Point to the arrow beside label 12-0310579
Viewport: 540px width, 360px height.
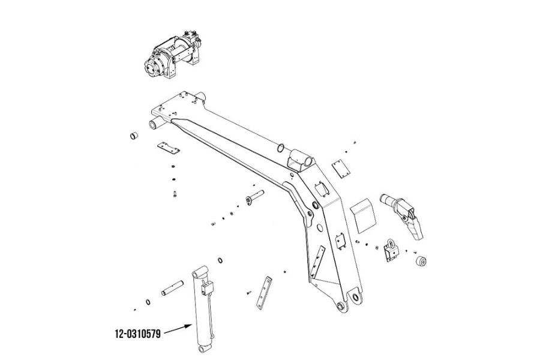coord(178,329)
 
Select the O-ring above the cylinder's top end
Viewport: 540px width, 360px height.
coord(221,260)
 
